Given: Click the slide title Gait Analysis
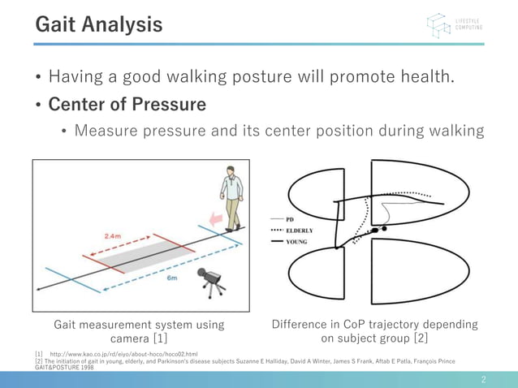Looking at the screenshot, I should [x=98, y=24].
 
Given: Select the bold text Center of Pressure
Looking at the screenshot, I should [x=127, y=105].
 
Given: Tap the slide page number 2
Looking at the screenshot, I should [x=483, y=379].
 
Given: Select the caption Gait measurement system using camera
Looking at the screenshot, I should [x=139, y=331].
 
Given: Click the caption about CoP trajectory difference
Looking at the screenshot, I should [x=373, y=331].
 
